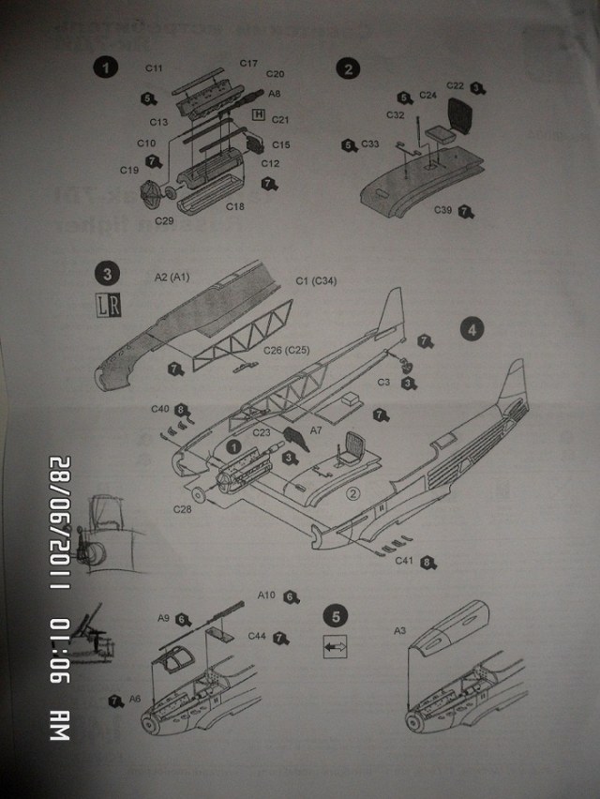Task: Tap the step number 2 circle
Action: pos(349,68)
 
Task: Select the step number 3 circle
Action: pos(110,275)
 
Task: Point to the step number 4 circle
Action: pos(473,330)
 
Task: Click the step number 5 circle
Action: pos(336,616)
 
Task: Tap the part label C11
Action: pos(155,68)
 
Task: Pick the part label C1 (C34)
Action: pos(316,280)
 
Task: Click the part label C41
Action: pos(405,561)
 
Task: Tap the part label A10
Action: pos(267,595)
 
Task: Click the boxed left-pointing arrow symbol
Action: pos(335,646)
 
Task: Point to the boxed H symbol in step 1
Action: pos(259,114)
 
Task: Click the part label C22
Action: pos(456,86)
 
